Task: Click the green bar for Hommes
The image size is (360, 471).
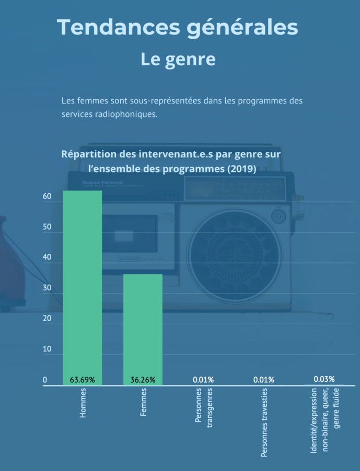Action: pos(83,282)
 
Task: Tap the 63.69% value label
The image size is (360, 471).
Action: pos(83,380)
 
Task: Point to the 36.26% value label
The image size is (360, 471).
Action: pos(143,380)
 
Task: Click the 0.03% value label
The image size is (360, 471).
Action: pos(324,379)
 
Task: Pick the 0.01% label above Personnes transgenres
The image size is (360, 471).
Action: pos(203,380)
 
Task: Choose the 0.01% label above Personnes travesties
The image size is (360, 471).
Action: pos(263,380)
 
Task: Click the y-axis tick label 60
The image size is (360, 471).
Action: pos(47,197)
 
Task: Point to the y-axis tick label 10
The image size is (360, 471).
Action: pos(47,349)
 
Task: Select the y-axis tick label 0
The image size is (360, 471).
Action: pos(45,380)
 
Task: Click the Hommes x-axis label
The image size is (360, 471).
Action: pos(83,404)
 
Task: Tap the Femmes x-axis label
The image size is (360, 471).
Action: pos(144,403)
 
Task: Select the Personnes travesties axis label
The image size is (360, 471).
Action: pos(264,423)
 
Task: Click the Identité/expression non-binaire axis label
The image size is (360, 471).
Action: pos(324,420)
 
